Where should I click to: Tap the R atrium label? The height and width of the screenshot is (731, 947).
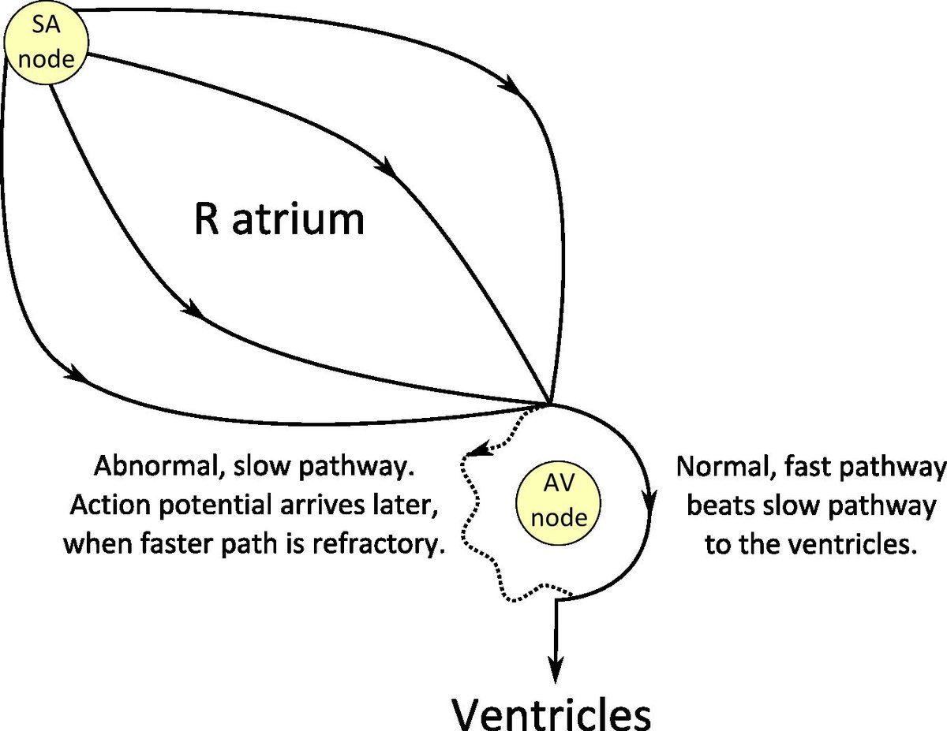pyautogui.click(x=279, y=220)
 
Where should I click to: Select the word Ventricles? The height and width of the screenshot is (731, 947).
pyautogui.click(x=552, y=712)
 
